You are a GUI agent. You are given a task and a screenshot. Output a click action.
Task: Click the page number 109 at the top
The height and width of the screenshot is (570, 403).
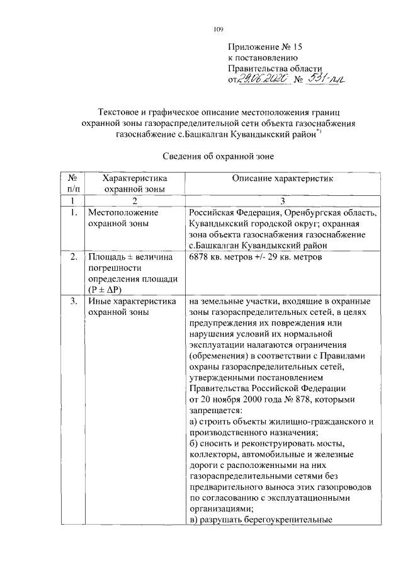tap(219, 28)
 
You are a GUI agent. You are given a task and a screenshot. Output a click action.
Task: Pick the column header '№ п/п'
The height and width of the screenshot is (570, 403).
tap(73, 183)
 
